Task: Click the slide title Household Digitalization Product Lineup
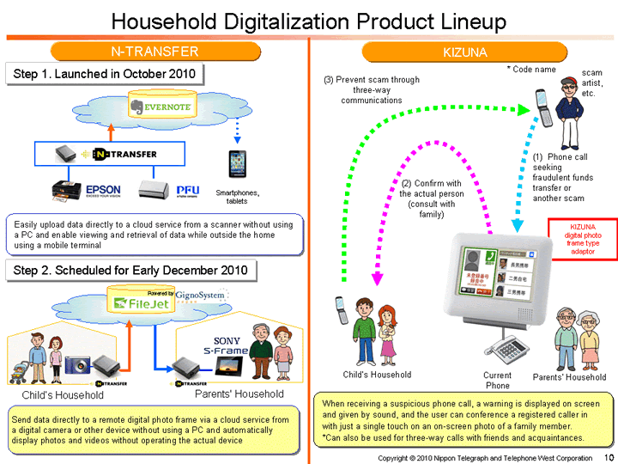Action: coord(309,20)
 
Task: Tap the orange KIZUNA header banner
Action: coord(464,52)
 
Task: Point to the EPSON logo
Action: coord(102,190)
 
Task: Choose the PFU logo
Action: coord(187,190)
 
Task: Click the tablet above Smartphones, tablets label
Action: coord(237,163)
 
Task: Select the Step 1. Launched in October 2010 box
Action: coord(104,74)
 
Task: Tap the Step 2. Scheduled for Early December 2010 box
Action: coord(130,271)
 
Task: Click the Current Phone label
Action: coord(497,380)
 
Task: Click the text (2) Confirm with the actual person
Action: coord(432,198)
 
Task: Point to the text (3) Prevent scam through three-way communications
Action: coord(371,89)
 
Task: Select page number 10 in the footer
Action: coord(609,457)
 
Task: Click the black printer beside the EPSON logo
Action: coord(66,191)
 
